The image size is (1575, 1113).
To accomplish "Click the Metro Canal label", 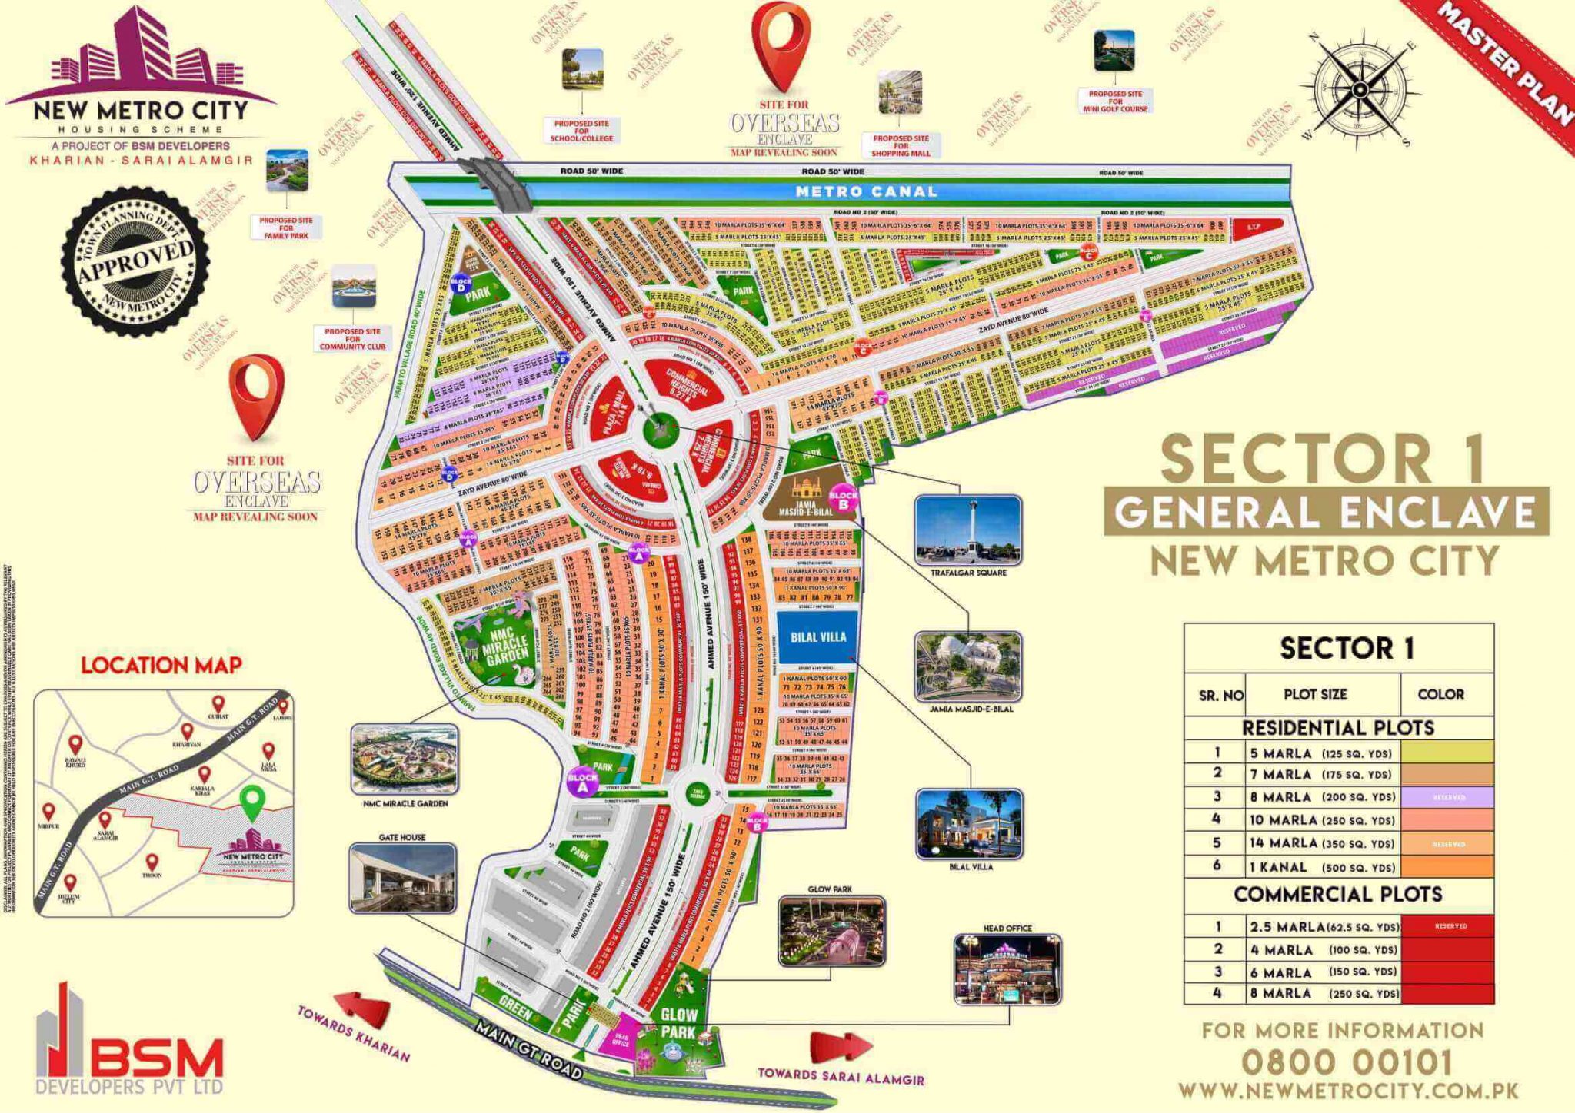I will coord(866,191).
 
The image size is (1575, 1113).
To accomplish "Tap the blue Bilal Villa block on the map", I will coord(817,636).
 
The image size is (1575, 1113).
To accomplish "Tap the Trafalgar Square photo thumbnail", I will coord(968,530).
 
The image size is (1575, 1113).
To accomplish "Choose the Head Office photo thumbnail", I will coord(1007,969).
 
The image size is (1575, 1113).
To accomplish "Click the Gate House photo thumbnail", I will coord(402,878).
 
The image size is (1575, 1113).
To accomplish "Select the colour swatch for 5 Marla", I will coord(1447,751).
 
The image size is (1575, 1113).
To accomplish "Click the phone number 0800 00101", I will coord(1347,1063).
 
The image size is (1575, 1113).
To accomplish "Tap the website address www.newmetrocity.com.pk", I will coord(1348,1091).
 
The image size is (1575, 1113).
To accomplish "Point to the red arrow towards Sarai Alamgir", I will coord(841,1046).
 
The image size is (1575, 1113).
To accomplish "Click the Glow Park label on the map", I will coord(678,1024).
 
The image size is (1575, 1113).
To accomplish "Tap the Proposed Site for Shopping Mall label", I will coord(901,145).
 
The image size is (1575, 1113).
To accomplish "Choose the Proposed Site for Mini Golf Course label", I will coord(1115,101).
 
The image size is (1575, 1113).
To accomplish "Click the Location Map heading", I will coord(161,665).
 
